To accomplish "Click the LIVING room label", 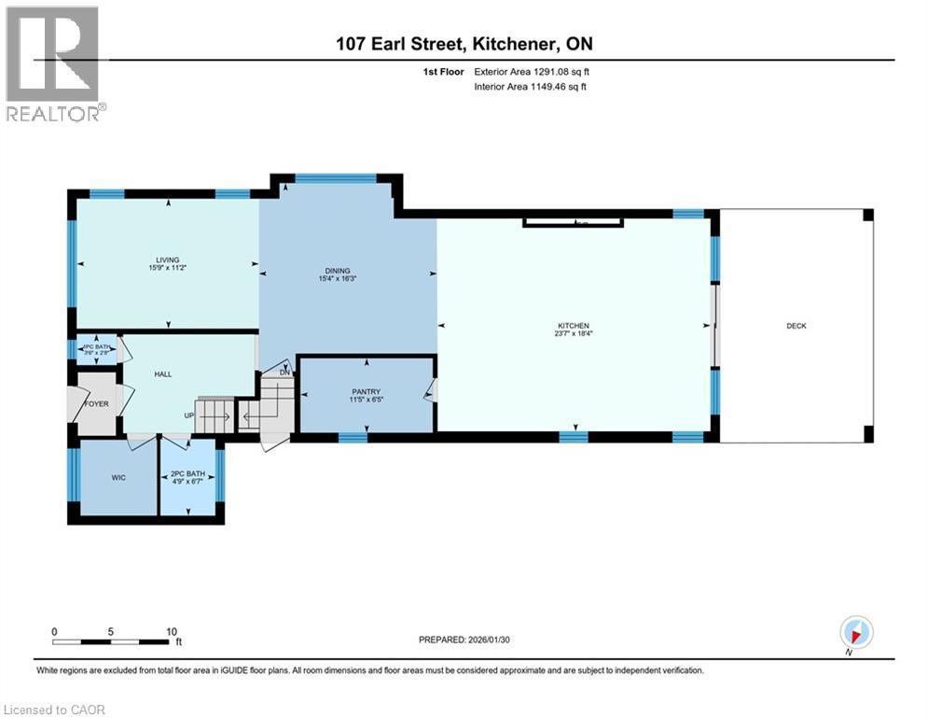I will [168, 260].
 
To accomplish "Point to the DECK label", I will [796, 326].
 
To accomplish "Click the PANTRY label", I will [365, 392].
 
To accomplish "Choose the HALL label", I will [164, 374].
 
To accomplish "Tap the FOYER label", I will [97, 404].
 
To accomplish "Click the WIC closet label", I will [118, 477].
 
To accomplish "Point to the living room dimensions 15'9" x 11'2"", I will [168, 269].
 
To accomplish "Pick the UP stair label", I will [188, 416].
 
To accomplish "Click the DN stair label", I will [284, 373].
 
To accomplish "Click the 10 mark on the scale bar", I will [172, 631].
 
